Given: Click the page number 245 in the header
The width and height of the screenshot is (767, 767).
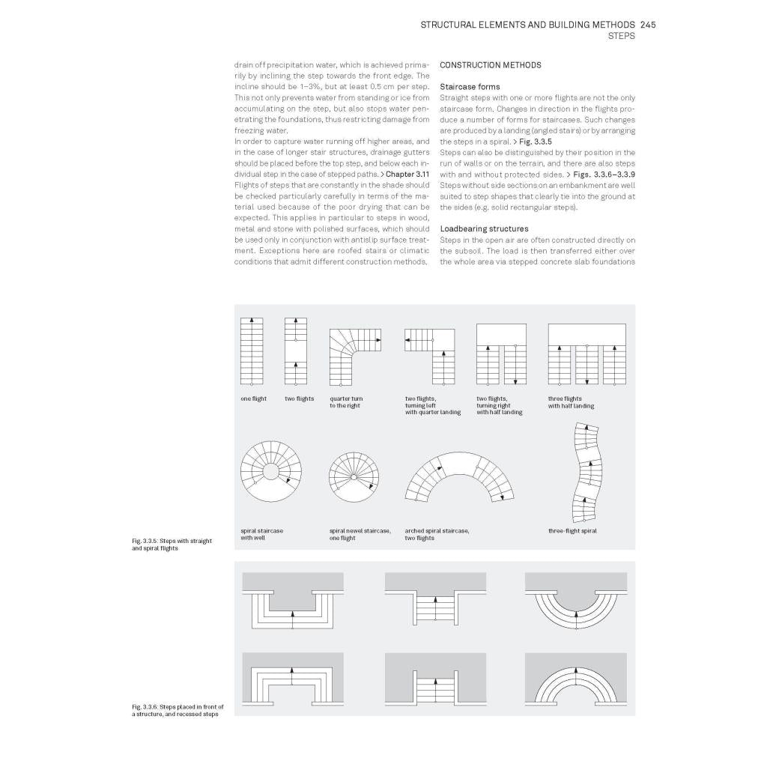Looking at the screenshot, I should pos(648,25).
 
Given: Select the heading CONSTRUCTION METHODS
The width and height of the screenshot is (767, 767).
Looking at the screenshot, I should pos(490,65).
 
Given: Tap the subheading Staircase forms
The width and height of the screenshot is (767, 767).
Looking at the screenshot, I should pos(470,87).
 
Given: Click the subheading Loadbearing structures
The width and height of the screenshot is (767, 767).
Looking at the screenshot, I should pos(484,228).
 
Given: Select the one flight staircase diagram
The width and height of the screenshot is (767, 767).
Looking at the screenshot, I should pos(252,351).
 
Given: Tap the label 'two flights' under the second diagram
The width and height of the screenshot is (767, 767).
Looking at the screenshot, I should pos(299,399).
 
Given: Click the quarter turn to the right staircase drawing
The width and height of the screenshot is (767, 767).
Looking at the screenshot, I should pos(355,351).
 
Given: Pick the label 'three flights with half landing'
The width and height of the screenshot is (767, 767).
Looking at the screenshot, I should pos(571,403).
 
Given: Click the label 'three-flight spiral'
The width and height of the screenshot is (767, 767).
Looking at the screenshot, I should pos(572,531).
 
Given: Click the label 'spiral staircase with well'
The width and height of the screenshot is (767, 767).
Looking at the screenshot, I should pos(261,535).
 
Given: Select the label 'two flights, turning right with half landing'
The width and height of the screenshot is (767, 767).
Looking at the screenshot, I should pos(499,406).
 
